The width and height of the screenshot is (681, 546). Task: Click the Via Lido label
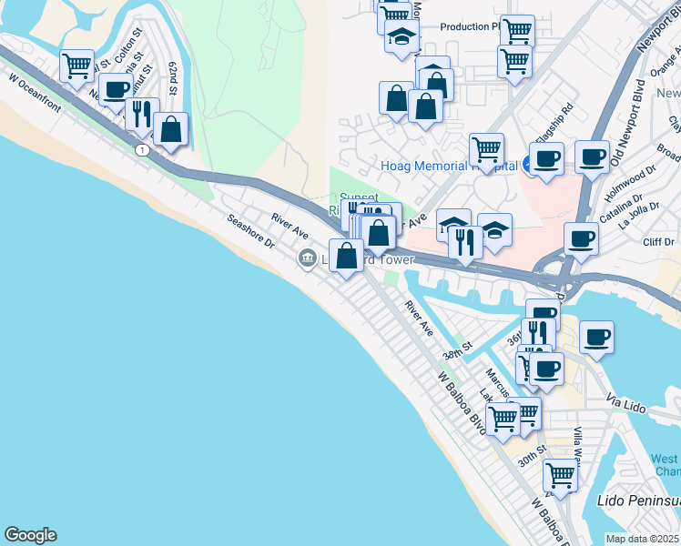(625, 401)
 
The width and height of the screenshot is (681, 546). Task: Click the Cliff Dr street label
(657, 241)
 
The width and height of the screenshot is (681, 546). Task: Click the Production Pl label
(471, 26)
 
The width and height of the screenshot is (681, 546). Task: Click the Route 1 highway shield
(142, 149)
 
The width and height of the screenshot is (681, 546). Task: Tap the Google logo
(30, 535)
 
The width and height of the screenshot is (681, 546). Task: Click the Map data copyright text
(643, 539)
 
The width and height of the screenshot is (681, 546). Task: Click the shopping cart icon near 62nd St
(77, 65)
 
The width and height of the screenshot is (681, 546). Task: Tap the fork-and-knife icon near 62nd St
(141, 113)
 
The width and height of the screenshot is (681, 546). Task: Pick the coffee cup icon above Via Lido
(596, 337)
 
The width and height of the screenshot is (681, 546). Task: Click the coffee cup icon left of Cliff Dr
(581, 240)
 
